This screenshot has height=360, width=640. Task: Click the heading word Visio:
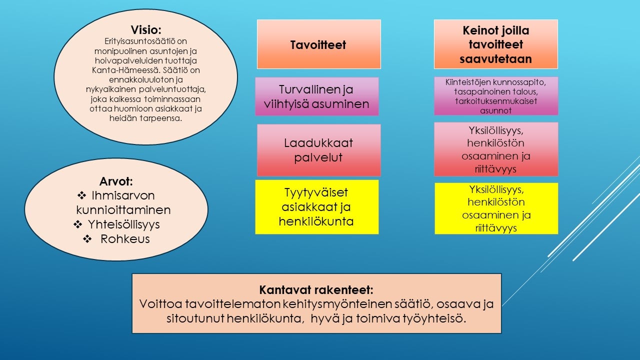146,29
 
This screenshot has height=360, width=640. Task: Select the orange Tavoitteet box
318,44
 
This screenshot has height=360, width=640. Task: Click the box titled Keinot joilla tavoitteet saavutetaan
495,44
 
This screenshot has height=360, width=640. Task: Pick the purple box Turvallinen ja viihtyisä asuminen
316,96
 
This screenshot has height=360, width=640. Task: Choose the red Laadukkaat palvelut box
318,150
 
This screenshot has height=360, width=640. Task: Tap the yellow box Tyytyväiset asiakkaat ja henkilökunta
316,207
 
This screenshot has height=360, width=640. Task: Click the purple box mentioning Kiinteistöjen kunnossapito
495,96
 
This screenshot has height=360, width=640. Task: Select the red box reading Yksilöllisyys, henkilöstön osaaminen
495,149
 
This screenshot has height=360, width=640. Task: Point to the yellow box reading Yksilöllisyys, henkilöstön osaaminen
495,208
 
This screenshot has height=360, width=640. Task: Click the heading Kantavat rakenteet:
316,290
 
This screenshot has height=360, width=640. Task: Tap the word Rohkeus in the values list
125,239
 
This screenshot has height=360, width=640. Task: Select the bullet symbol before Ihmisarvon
82,195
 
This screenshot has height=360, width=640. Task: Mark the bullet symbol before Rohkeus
87,239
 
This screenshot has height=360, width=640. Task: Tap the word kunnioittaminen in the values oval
123,209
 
